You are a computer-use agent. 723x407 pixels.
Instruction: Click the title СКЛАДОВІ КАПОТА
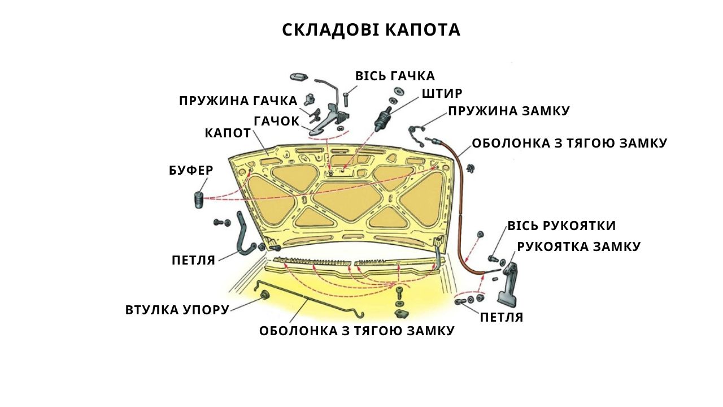pyautogui.click(x=371, y=30)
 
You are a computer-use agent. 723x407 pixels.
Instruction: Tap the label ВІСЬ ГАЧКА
pyautogui.click(x=395, y=76)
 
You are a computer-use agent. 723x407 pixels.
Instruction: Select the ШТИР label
pyautogui.click(x=442, y=93)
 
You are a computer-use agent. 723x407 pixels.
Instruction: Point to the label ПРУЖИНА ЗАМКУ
pyautogui.click(x=509, y=111)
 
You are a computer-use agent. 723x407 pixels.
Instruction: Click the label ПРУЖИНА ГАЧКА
pyautogui.click(x=238, y=101)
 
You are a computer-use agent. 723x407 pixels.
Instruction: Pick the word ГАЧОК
pyautogui.click(x=277, y=121)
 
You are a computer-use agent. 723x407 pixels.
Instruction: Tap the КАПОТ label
pyautogui.click(x=228, y=133)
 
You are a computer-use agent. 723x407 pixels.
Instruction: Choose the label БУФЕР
pyautogui.click(x=191, y=170)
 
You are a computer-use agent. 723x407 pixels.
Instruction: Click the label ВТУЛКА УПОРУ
pyautogui.click(x=177, y=310)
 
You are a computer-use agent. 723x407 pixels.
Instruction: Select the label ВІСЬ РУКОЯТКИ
pyautogui.click(x=561, y=226)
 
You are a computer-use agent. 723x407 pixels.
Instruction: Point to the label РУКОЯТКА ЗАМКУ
pyautogui.click(x=579, y=246)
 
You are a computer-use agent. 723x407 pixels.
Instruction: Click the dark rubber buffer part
pyautogui.click(x=199, y=200)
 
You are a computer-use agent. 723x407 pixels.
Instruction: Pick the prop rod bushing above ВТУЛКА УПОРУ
pyautogui.click(x=265, y=295)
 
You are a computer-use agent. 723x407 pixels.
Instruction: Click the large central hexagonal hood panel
pyautogui.click(x=347, y=202)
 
